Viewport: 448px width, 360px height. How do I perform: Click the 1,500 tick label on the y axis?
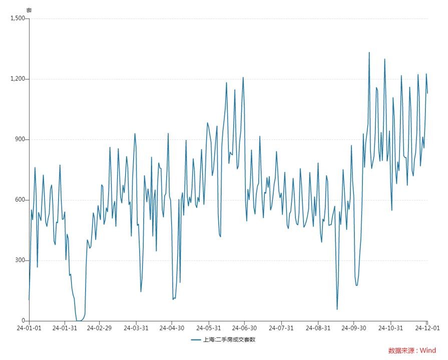point(17,18)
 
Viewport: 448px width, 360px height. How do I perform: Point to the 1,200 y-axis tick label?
point(17,79)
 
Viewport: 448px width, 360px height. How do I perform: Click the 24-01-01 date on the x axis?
point(29,328)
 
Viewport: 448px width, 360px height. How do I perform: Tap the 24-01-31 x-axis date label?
point(65,328)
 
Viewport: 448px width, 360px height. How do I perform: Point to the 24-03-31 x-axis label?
point(136,328)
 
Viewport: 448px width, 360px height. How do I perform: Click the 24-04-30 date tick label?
point(172,328)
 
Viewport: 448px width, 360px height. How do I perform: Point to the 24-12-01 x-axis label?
point(426,328)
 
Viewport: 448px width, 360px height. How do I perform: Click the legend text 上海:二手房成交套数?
point(229,340)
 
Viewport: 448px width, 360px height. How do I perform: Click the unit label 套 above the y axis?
point(29,10)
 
